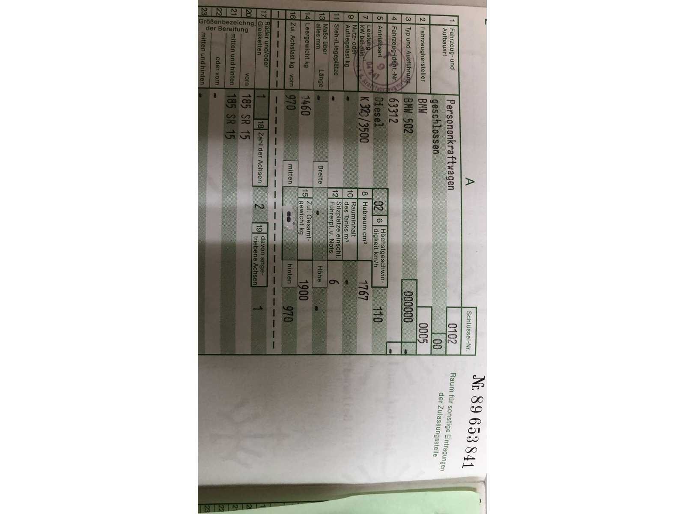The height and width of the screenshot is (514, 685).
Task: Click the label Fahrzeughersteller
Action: (x=422, y=51)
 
